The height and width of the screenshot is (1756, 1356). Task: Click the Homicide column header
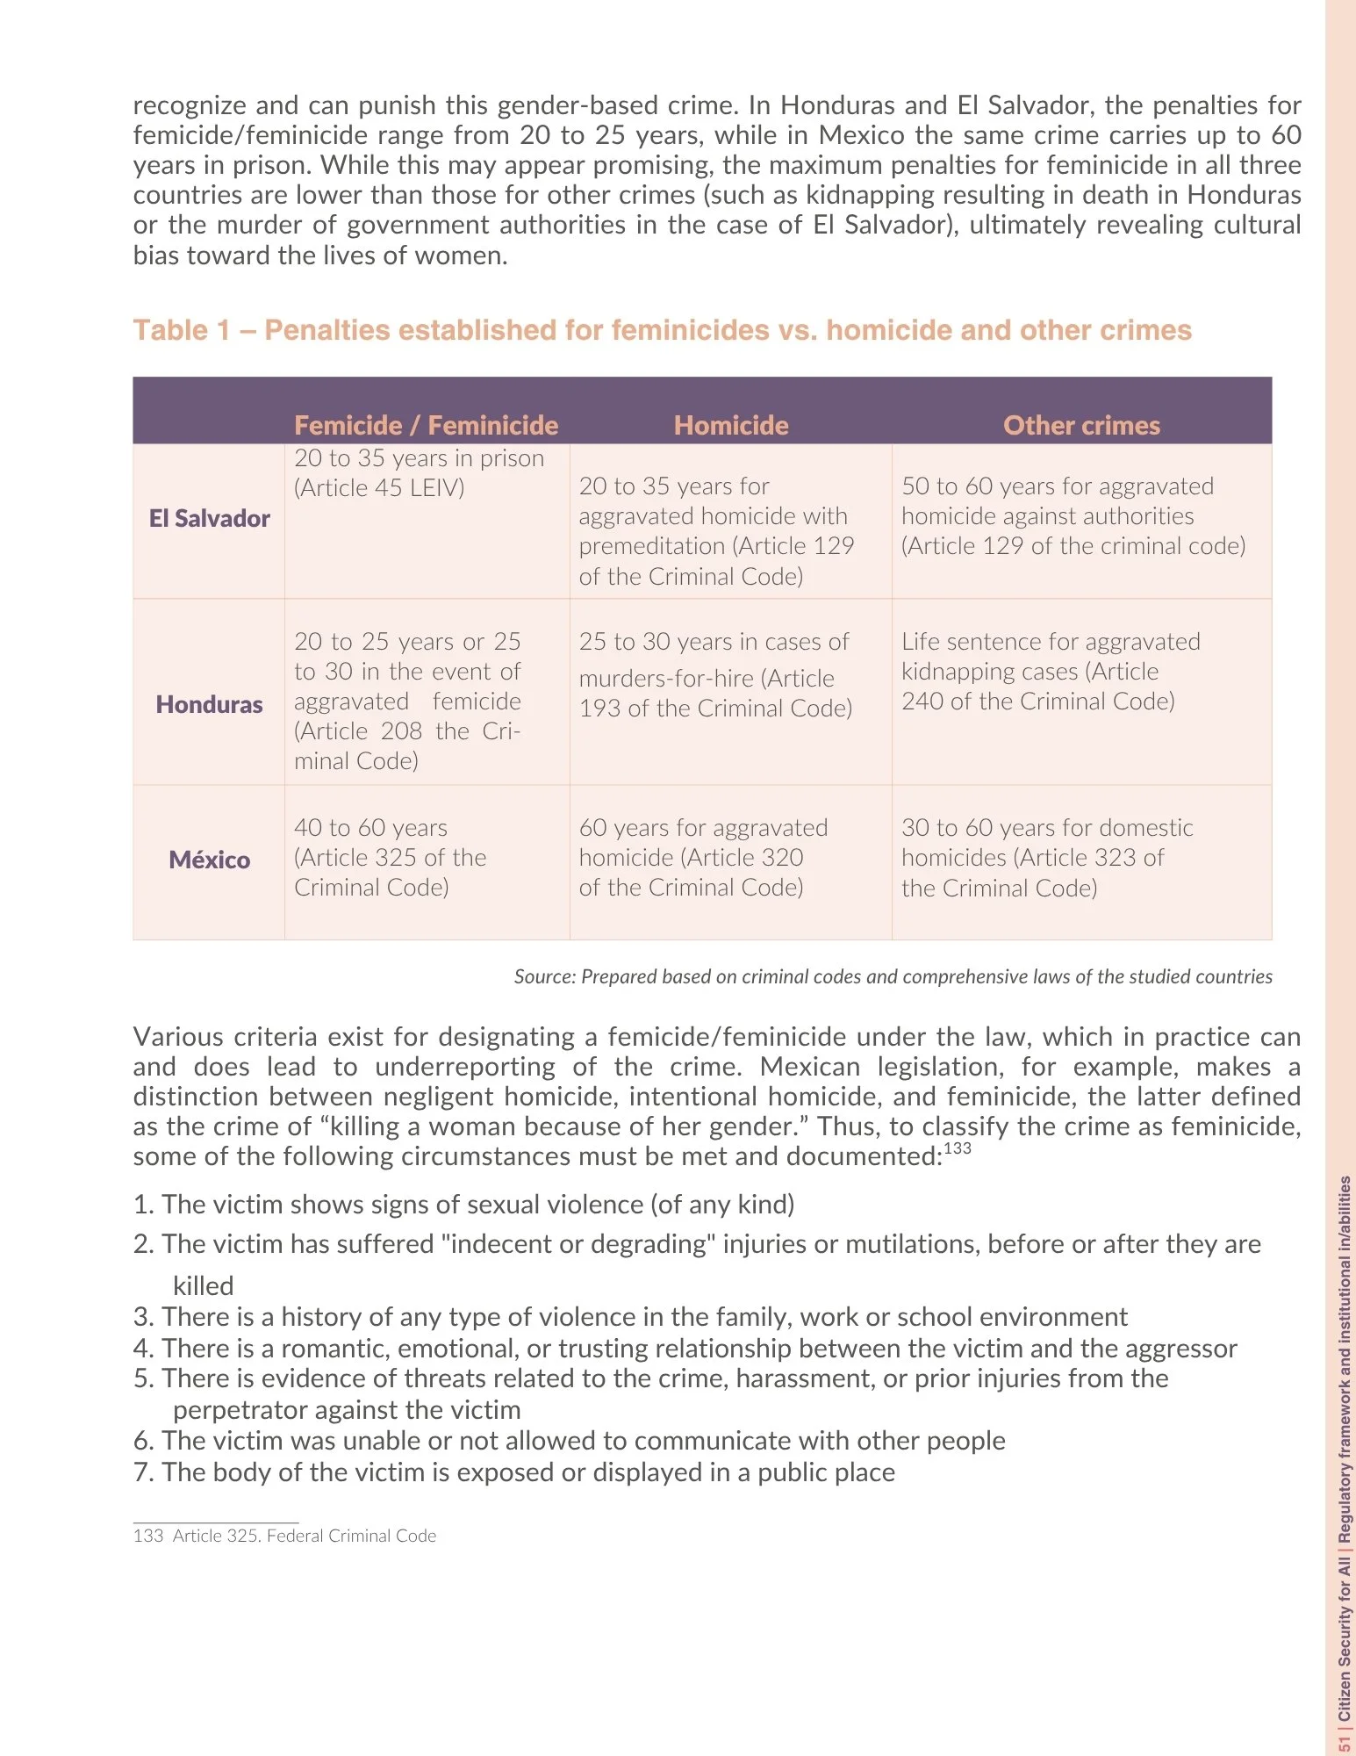pyautogui.click(x=731, y=426)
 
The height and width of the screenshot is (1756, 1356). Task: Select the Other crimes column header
pyautogui.click(x=1081, y=426)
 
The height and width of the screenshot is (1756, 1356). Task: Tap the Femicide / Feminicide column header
pyautogui.click(x=426, y=426)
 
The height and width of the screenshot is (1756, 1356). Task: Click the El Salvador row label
pyautogui.click(x=209, y=519)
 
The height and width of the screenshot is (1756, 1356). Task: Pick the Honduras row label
pyautogui.click(x=209, y=704)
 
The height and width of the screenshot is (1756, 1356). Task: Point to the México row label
pyautogui.click(x=209, y=860)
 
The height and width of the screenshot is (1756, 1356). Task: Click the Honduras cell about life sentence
pyautogui.click(x=1050, y=672)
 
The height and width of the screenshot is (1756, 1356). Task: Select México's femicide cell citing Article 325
pyautogui.click(x=390, y=858)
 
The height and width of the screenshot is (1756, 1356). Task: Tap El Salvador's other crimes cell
pyautogui.click(x=1073, y=516)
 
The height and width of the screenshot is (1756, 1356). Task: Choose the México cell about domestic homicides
pyautogui.click(x=1046, y=858)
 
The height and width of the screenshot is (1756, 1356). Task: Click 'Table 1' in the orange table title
pyautogui.click(x=181, y=330)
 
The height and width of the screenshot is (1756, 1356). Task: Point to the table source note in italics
pyautogui.click(x=893, y=976)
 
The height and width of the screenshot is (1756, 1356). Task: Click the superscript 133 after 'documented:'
pyautogui.click(x=958, y=1148)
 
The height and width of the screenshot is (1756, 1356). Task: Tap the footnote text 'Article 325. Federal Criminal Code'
pyautogui.click(x=304, y=1536)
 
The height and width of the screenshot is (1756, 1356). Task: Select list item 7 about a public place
pyautogui.click(x=514, y=1472)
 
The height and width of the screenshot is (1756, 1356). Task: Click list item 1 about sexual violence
pyautogui.click(x=463, y=1204)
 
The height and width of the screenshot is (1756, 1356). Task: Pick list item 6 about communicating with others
pyautogui.click(x=569, y=1440)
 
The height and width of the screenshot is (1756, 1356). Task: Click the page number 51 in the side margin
pyautogui.click(x=1344, y=1743)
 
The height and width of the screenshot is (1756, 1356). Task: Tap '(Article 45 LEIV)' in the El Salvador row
pyautogui.click(x=379, y=488)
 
